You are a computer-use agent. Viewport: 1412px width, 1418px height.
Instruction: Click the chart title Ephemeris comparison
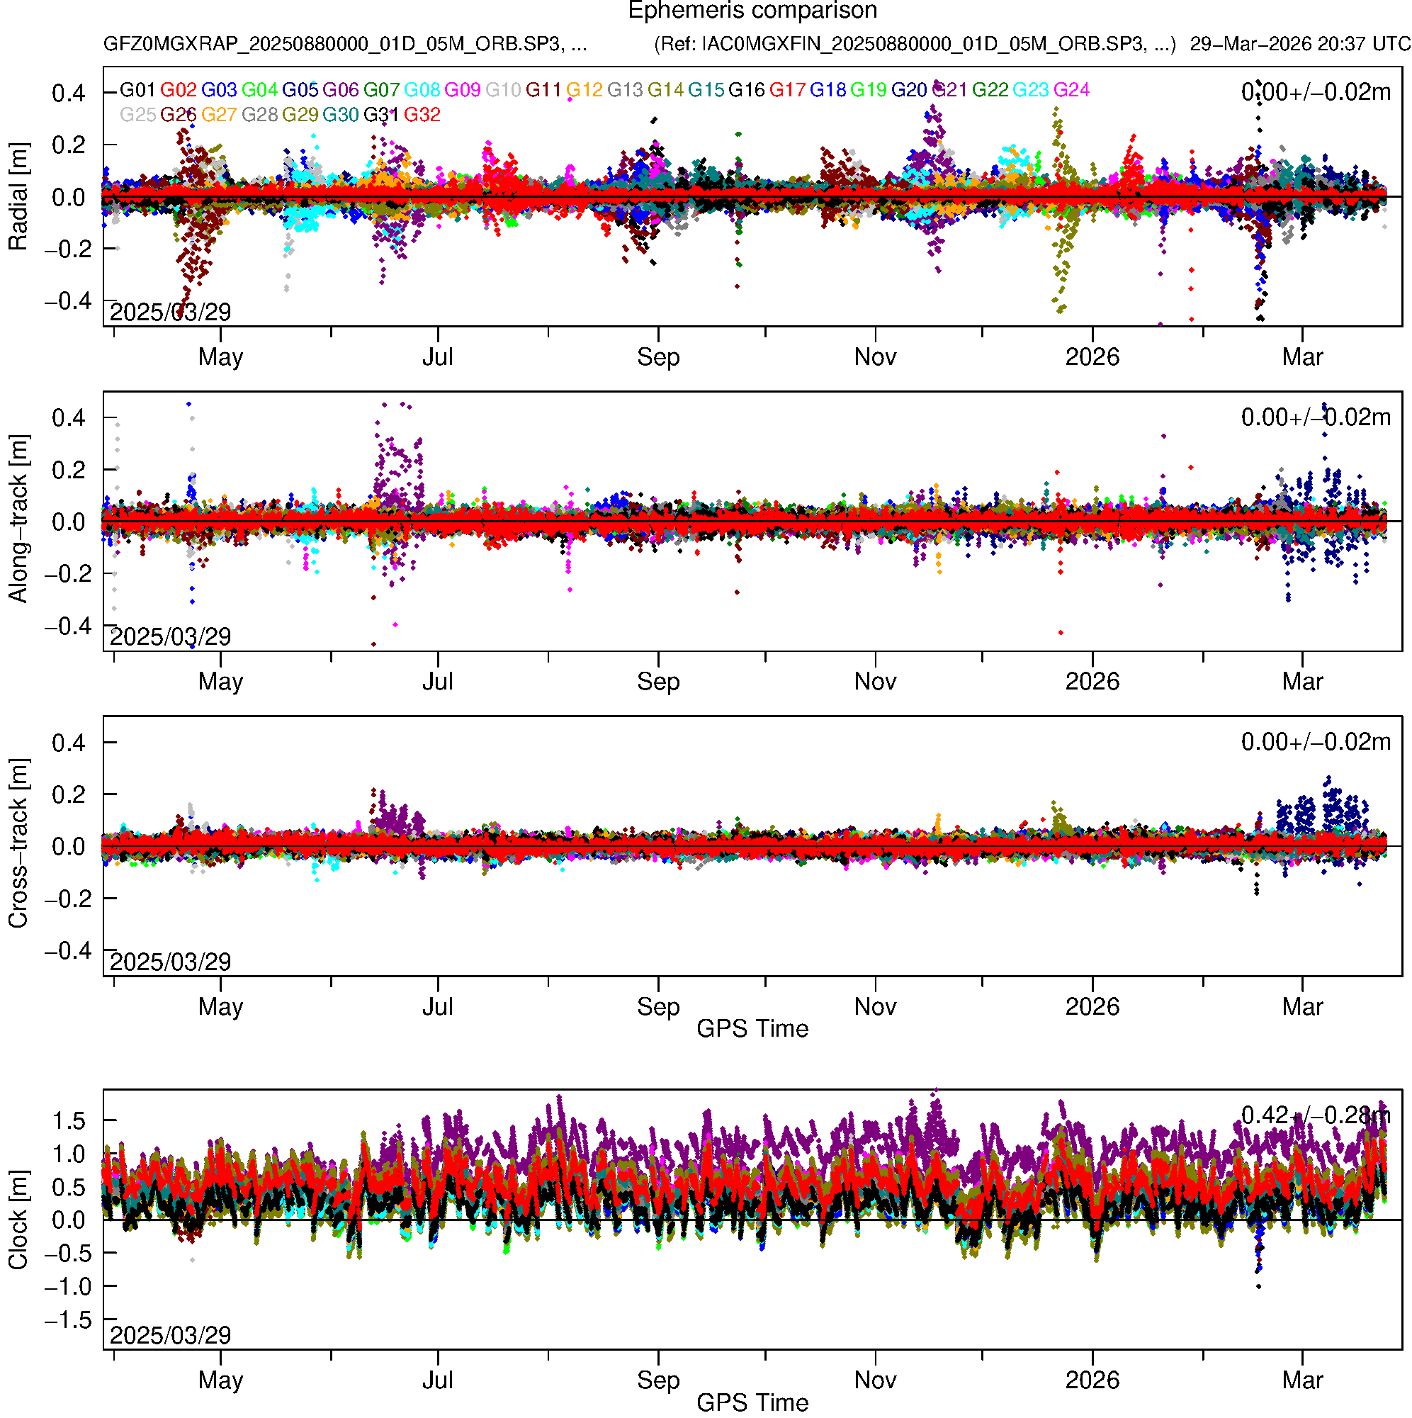click(x=752, y=11)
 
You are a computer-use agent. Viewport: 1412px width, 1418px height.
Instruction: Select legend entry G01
click(x=137, y=90)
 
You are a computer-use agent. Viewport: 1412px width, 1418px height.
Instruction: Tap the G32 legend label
click(x=422, y=116)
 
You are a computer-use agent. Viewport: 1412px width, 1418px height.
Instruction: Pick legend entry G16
click(x=746, y=90)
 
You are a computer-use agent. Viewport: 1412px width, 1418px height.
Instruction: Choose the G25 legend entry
click(x=137, y=116)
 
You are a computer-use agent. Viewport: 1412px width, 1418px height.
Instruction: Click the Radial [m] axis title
click(x=18, y=197)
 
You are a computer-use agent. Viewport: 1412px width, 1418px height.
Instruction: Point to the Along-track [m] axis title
click(x=18, y=519)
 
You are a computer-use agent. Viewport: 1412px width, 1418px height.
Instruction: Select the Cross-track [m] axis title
click(x=18, y=844)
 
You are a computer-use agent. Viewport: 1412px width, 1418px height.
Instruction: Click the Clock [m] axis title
click(x=18, y=1220)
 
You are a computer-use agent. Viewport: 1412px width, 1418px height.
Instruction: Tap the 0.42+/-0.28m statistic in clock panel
click(x=1315, y=1115)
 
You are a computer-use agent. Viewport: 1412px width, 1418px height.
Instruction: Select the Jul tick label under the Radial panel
click(x=437, y=357)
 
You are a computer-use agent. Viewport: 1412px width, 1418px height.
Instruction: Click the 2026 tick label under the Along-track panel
click(x=1092, y=682)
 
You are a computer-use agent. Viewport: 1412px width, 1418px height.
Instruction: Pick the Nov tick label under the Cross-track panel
click(x=875, y=1006)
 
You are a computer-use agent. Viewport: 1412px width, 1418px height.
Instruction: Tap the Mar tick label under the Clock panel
click(x=1302, y=1380)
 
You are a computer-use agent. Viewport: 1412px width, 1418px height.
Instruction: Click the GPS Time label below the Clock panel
click(x=752, y=1402)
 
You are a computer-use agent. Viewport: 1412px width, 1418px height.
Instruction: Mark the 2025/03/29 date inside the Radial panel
click(x=170, y=313)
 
